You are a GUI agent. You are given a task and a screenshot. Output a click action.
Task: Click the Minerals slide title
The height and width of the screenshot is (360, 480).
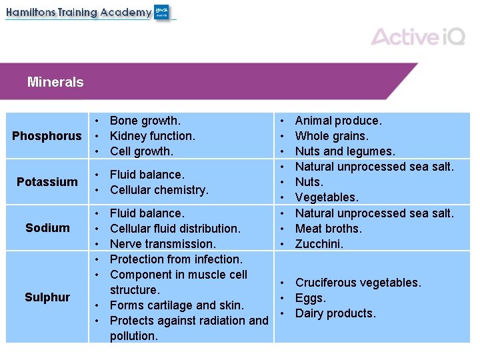tap(55, 83)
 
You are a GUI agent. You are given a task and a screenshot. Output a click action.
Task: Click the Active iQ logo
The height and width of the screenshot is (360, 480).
tap(418, 36)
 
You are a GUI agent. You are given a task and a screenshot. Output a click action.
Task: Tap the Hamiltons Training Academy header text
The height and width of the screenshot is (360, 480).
tap(79, 13)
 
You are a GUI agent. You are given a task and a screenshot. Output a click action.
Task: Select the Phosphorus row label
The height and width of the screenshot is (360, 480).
tap(47, 136)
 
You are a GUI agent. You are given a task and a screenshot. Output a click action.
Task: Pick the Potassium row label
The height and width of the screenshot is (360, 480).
tap(47, 182)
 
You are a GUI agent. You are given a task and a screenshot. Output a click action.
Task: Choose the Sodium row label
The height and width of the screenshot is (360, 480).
tap(47, 228)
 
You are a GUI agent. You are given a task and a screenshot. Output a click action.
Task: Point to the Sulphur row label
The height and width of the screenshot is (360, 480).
tap(47, 297)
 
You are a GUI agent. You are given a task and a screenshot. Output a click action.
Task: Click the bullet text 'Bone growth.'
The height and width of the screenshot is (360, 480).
tap(145, 121)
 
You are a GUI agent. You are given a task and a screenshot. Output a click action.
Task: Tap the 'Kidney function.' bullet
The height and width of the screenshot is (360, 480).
tap(152, 136)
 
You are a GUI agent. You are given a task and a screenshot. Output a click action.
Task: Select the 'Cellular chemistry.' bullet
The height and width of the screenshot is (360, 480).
tap(159, 190)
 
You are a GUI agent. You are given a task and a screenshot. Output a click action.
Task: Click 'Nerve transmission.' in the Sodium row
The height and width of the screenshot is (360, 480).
tap(163, 244)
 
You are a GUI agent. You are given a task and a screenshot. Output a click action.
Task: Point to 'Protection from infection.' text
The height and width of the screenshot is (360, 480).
tap(175, 259)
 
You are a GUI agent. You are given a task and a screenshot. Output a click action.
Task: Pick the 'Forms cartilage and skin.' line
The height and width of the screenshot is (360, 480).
tap(176, 305)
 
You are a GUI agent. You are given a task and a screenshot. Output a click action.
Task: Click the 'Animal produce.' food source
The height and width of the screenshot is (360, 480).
tap(338, 121)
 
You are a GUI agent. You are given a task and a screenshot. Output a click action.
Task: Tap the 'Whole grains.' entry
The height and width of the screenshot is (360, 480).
tap(331, 136)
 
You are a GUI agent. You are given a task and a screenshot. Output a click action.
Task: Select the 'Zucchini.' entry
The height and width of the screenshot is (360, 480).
tap(319, 244)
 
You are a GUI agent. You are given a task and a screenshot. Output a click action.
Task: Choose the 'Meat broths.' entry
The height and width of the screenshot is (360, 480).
tap(328, 229)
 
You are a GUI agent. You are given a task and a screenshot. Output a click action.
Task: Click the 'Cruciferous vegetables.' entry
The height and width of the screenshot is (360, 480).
tap(358, 283)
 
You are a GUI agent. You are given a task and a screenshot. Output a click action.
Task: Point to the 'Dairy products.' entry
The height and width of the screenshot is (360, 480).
tap(335, 313)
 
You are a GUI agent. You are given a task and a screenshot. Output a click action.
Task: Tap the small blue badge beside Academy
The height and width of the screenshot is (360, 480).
tap(162, 12)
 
